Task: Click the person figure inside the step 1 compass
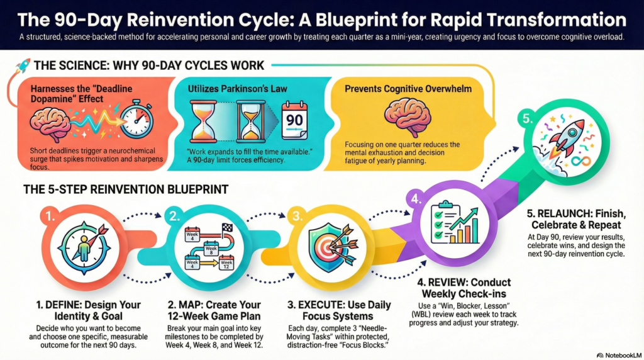[82, 246]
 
